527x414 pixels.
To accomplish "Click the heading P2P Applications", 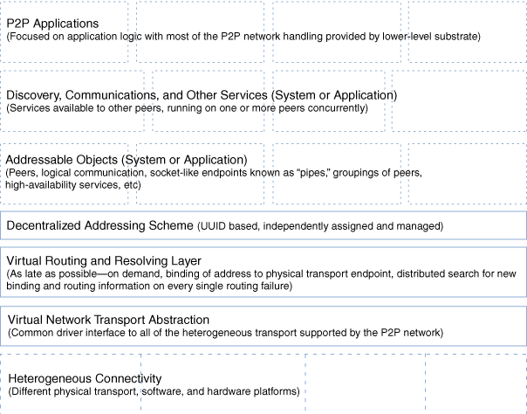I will pyautogui.click(x=52, y=23).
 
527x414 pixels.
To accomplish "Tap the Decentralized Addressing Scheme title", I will pyautogui.click(x=99, y=226).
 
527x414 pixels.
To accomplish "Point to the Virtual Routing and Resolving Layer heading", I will pyautogui.click(x=104, y=261).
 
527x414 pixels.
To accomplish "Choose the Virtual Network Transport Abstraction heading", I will pyautogui.click(x=107, y=320).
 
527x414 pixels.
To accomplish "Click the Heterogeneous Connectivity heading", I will pyautogui.click(x=84, y=378).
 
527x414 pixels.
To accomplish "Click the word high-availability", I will pyautogui.click(x=46, y=185).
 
